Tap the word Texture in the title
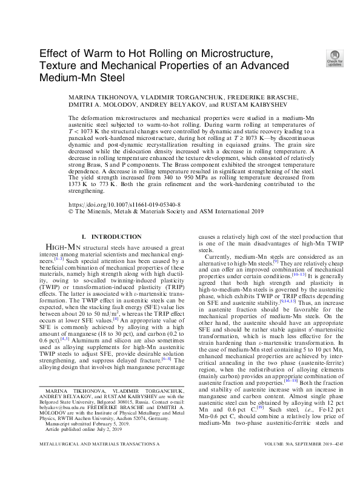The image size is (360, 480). tap(59, 65)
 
